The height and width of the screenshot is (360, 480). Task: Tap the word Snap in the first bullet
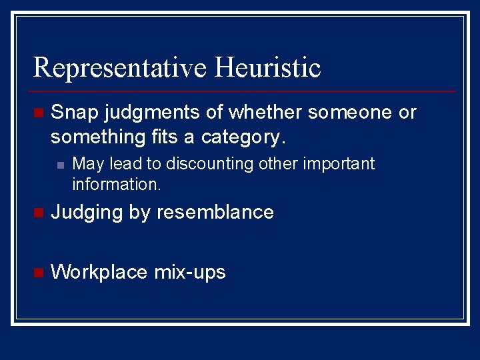tap(70, 113)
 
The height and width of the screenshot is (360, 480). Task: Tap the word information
tap(116, 184)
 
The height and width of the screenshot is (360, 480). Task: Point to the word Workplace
tap(99, 272)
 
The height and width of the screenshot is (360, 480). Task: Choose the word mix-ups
tap(190, 272)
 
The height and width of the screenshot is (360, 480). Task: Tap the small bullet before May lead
tap(59, 165)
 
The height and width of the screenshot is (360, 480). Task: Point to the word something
tap(90, 138)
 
